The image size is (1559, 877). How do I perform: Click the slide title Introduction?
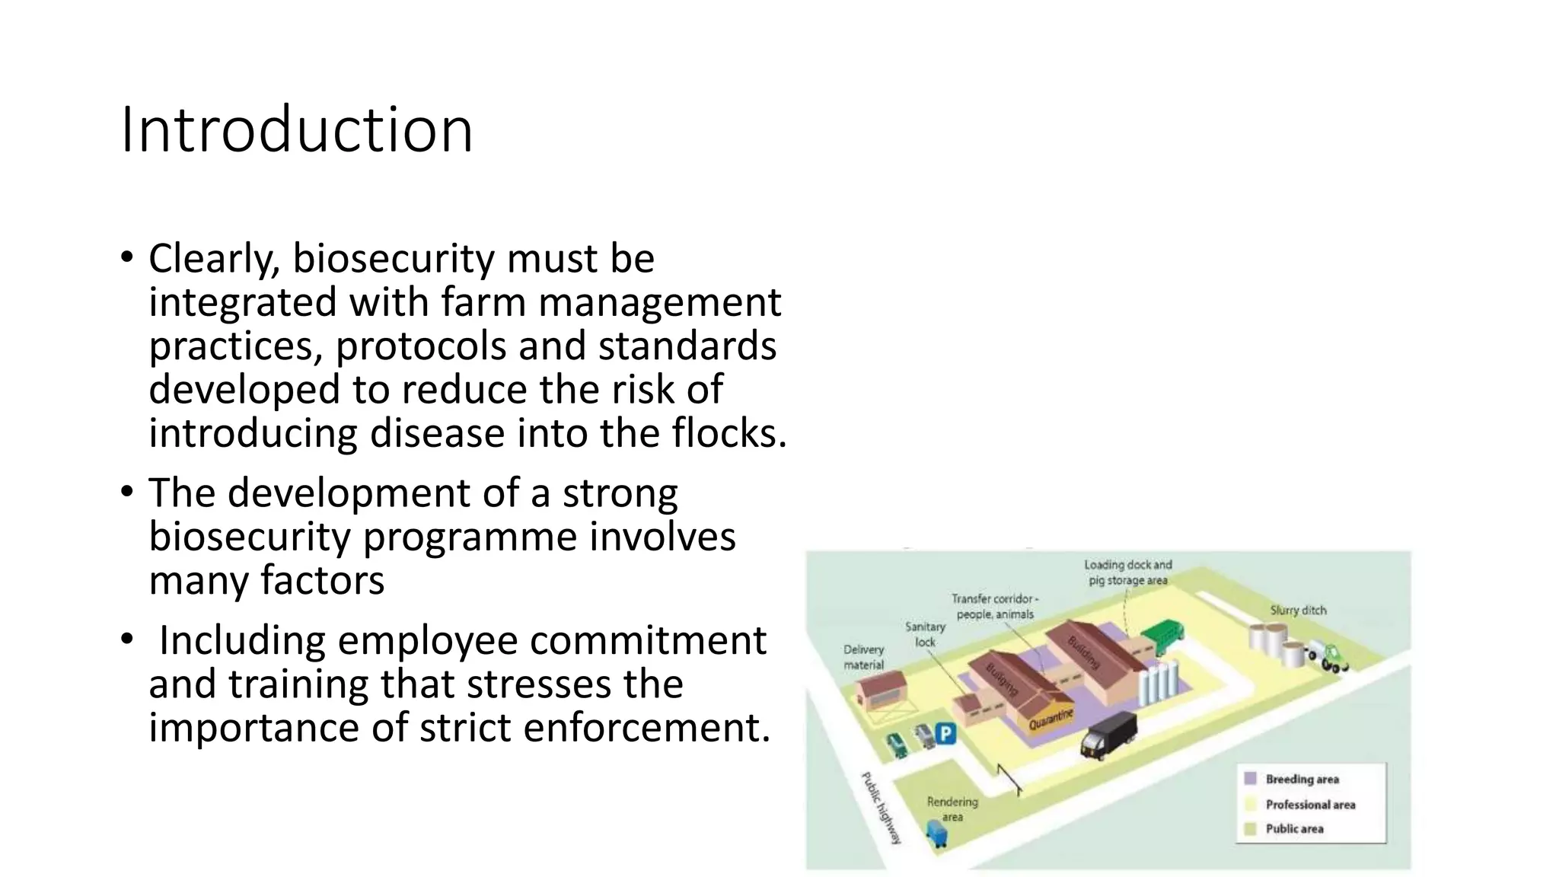[x=297, y=129]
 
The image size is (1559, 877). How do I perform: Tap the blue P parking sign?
[x=945, y=734]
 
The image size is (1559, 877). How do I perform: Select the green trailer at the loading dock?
[x=1163, y=637]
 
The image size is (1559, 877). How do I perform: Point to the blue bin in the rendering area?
[x=936, y=833]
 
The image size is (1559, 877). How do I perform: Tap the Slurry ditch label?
[x=1298, y=611]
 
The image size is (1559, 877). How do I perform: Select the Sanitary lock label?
[x=925, y=634]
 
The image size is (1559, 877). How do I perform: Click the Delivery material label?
[x=864, y=657]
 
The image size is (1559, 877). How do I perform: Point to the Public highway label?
[x=881, y=808]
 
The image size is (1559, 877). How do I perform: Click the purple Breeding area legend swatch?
[x=1250, y=779]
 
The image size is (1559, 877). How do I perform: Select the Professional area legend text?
[x=1310, y=805]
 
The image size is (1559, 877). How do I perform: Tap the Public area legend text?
[x=1294, y=829]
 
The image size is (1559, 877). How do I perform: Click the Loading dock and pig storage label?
[x=1127, y=572]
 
